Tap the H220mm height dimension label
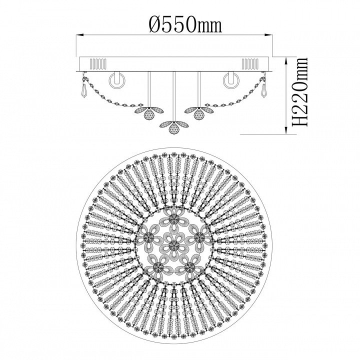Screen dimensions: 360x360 [x=299, y=92]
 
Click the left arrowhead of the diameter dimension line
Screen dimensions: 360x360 [x=79, y=35]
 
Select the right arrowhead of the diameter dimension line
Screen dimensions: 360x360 [x=268, y=35]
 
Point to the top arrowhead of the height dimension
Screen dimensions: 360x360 [x=286, y=60]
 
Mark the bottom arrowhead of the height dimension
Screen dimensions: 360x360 [x=286, y=130]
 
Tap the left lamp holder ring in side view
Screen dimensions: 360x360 [x=117, y=80]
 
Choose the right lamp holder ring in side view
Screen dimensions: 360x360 [x=231, y=80]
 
